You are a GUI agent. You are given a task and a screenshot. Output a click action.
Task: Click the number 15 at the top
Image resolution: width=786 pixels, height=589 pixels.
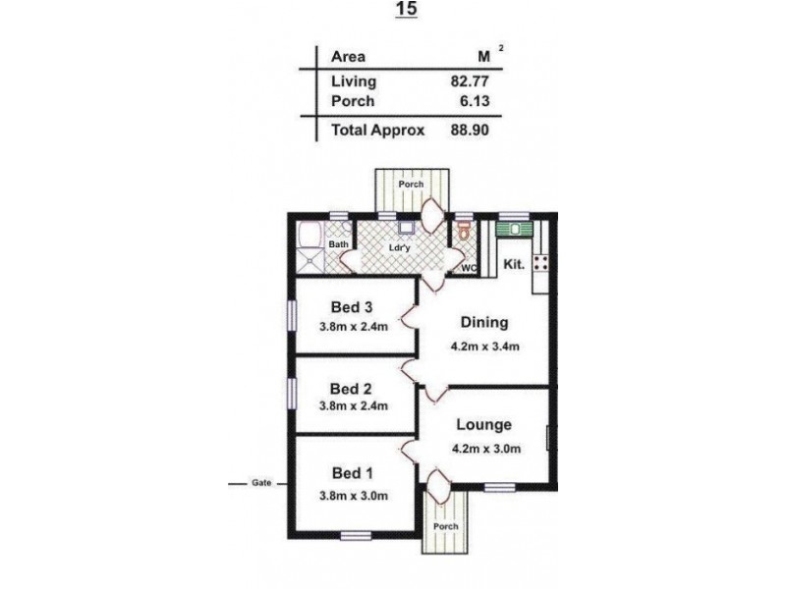(406, 9)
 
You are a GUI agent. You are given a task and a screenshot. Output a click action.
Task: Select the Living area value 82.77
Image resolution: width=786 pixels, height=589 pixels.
(470, 80)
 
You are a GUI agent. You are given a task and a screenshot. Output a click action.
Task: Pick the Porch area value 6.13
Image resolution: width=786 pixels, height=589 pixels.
(475, 101)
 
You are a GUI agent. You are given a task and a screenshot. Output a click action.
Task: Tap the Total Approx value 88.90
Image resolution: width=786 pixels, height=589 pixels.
(470, 130)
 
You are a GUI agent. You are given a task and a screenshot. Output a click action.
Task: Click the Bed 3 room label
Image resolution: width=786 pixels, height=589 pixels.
(352, 307)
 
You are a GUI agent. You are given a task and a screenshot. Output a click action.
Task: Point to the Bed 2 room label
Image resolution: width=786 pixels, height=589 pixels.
(351, 389)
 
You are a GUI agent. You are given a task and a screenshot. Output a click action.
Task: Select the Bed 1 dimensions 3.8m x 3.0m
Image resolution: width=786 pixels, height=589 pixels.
(354, 496)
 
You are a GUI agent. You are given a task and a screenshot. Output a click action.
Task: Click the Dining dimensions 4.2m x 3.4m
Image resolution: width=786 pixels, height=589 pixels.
(484, 347)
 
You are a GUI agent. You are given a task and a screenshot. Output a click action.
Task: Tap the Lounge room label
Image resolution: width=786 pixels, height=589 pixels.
(483, 425)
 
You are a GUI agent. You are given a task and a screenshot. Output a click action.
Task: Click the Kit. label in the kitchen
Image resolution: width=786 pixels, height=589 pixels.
(513, 264)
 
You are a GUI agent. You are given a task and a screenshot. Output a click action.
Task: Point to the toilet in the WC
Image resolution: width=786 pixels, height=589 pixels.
(465, 230)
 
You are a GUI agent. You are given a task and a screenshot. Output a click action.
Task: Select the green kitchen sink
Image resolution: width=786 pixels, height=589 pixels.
(513, 230)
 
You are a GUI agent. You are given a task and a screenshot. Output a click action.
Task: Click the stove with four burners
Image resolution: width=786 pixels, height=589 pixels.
(541, 263)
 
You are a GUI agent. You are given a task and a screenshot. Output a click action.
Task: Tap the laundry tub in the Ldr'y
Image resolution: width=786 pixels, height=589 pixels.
(407, 228)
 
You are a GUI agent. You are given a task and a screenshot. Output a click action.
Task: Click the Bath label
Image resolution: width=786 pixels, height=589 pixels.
(338, 244)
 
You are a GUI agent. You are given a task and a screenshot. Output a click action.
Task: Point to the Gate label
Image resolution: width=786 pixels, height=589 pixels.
(261, 483)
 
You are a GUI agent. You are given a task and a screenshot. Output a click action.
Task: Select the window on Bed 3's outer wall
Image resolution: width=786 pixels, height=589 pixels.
(291, 315)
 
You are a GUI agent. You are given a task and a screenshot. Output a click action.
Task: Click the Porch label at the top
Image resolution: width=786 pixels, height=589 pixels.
(411, 185)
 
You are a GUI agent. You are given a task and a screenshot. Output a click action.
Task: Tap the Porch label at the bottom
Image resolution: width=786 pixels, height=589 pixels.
(446, 526)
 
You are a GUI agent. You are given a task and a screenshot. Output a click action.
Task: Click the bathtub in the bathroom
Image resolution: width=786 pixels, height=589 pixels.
(309, 234)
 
